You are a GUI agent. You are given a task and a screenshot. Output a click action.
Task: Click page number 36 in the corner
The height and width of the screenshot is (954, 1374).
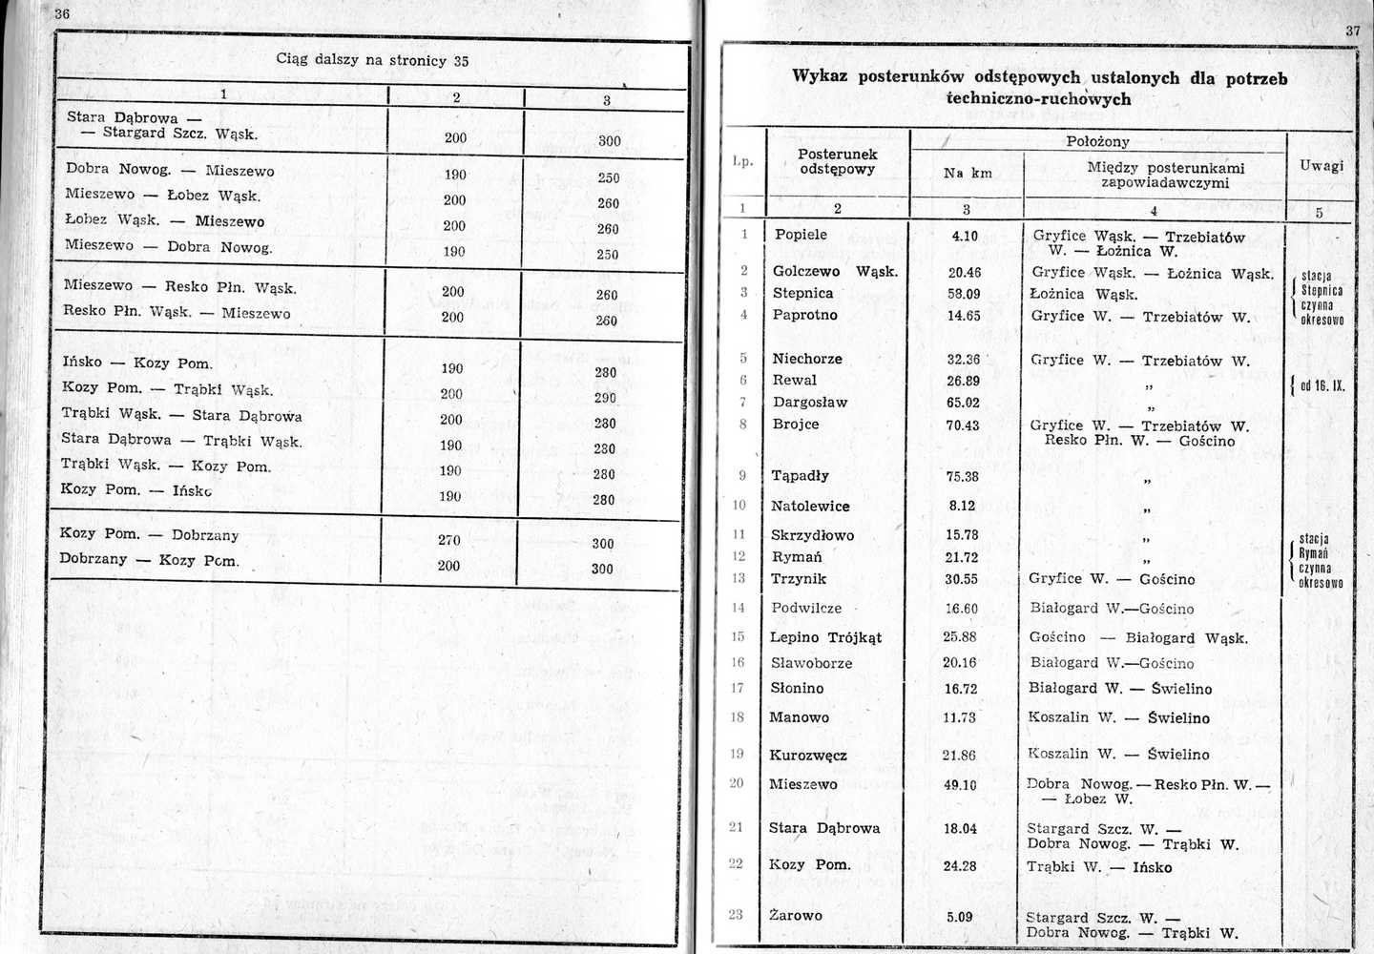(x=62, y=13)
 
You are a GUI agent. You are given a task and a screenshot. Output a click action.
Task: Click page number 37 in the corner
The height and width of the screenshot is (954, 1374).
(x=1353, y=31)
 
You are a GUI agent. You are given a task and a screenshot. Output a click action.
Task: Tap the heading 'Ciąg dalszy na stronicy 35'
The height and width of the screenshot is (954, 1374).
(x=372, y=60)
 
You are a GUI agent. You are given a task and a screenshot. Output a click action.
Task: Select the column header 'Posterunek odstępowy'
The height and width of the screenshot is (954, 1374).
(x=838, y=161)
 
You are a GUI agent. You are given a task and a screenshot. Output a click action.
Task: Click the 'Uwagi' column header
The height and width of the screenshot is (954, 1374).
(x=1321, y=166)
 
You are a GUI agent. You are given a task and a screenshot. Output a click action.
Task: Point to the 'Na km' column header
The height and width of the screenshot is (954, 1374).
(x=968, y=173)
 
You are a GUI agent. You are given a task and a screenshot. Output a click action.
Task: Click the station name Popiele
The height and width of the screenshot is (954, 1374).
(x=801, y=235)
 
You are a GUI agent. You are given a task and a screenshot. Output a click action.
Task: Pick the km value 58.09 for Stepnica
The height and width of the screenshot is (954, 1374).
(x=964, y=294)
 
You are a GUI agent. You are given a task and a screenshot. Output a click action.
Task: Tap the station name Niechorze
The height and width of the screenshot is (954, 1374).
(x=807, y=359)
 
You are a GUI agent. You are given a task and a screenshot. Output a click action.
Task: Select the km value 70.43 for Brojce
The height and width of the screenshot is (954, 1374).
(x=963, y=425)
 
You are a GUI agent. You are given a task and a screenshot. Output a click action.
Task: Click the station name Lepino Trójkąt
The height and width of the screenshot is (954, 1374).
(x=825, y=637)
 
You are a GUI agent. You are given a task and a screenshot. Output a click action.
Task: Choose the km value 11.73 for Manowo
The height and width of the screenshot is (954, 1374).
(x=960, y=717)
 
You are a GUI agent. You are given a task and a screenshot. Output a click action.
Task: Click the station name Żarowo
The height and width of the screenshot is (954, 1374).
(x=796, y=915)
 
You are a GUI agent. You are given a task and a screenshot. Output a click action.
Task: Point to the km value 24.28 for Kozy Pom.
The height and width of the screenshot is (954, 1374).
(x=960, y=866)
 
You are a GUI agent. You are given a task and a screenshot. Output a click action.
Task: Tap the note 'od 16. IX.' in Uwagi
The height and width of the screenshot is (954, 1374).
(x=1322, y=386)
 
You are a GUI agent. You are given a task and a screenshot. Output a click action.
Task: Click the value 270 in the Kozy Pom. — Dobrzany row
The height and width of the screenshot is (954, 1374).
(x=449, y=540)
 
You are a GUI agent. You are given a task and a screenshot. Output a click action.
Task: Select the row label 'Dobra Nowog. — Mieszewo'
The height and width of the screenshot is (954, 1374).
(x=170, y=170)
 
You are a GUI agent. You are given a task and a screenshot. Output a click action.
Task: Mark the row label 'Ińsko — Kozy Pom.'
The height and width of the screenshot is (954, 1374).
(x=137, y=363)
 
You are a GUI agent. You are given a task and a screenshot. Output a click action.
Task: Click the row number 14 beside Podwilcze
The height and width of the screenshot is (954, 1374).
(x=738, y=608)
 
